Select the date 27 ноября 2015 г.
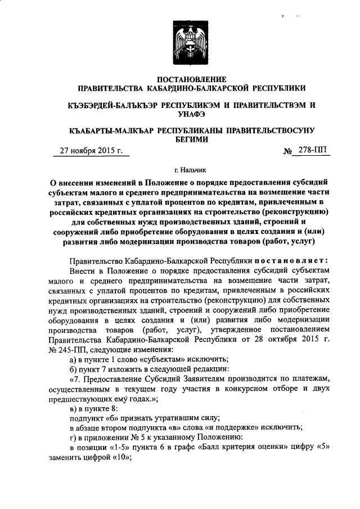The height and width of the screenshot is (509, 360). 91,150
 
